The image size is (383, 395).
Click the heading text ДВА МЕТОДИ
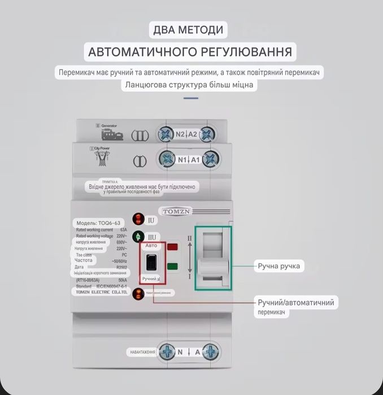[188, 29]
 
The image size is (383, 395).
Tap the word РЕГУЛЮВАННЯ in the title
[246, 52]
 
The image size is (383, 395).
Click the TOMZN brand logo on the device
[177, 211]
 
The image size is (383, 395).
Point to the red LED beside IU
[138, 219]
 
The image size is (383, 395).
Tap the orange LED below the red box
[138, 293]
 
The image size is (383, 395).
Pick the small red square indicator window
[173, 247]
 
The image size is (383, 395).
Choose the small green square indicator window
[173, 266]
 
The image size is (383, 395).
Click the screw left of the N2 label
[166, 134]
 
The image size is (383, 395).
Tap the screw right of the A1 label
[210, 159]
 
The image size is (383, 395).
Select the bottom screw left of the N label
[166, 352]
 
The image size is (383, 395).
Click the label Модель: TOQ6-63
[98, 223]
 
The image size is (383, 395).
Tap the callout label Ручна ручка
[278, 266]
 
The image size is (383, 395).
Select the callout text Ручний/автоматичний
[296, 302]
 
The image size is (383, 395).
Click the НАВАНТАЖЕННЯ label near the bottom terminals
[142, 352]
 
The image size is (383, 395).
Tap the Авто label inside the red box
[151, 246]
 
